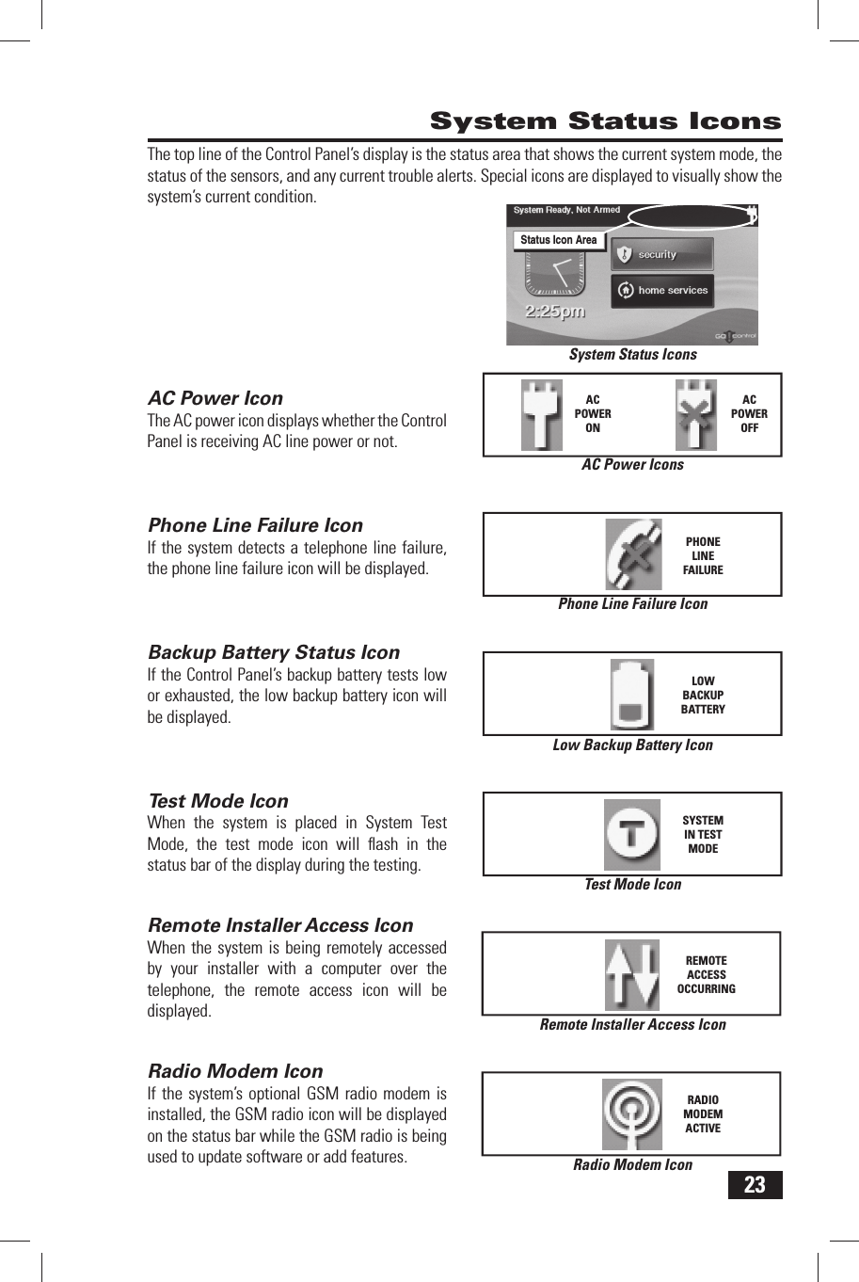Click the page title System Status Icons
pos(605,121)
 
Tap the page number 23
pos(755,1185)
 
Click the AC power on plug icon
pos(542,415)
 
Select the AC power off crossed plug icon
pos(696,415)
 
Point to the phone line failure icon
pos(633,554)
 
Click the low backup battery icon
pos(632,695)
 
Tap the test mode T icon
pos(632,834)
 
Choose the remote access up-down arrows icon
pos(631,974)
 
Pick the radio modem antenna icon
pos(632,1114)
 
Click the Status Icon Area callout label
pos(558,240)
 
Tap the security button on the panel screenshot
pos(661,254)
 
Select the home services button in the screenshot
pos(661,290)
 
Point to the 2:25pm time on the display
pos(555,312)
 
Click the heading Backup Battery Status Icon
pos(274,652)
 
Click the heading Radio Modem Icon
pos(235,1071)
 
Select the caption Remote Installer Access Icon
pos(632,1024)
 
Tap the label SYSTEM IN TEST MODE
pos(703,834)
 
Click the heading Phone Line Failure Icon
pos(255,525)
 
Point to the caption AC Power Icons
pos(632,464)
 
